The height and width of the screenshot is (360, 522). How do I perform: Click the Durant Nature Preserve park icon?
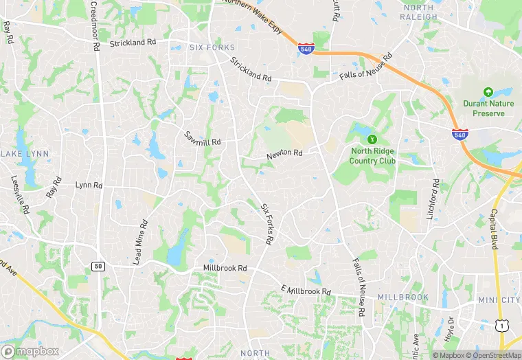click(x=488, y=91)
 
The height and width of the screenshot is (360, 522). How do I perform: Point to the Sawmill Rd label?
click(x=203, y=137)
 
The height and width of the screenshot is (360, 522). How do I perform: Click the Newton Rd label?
click(x=285, y=155)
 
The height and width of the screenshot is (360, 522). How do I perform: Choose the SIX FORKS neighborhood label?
click(x=212, y=47)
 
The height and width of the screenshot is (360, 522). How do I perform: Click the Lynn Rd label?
click(x=89, y=185)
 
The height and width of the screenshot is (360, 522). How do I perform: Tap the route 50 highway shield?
click(x=98, y=266)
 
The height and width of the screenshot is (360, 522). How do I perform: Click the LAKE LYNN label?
click(x=25, y=153)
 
